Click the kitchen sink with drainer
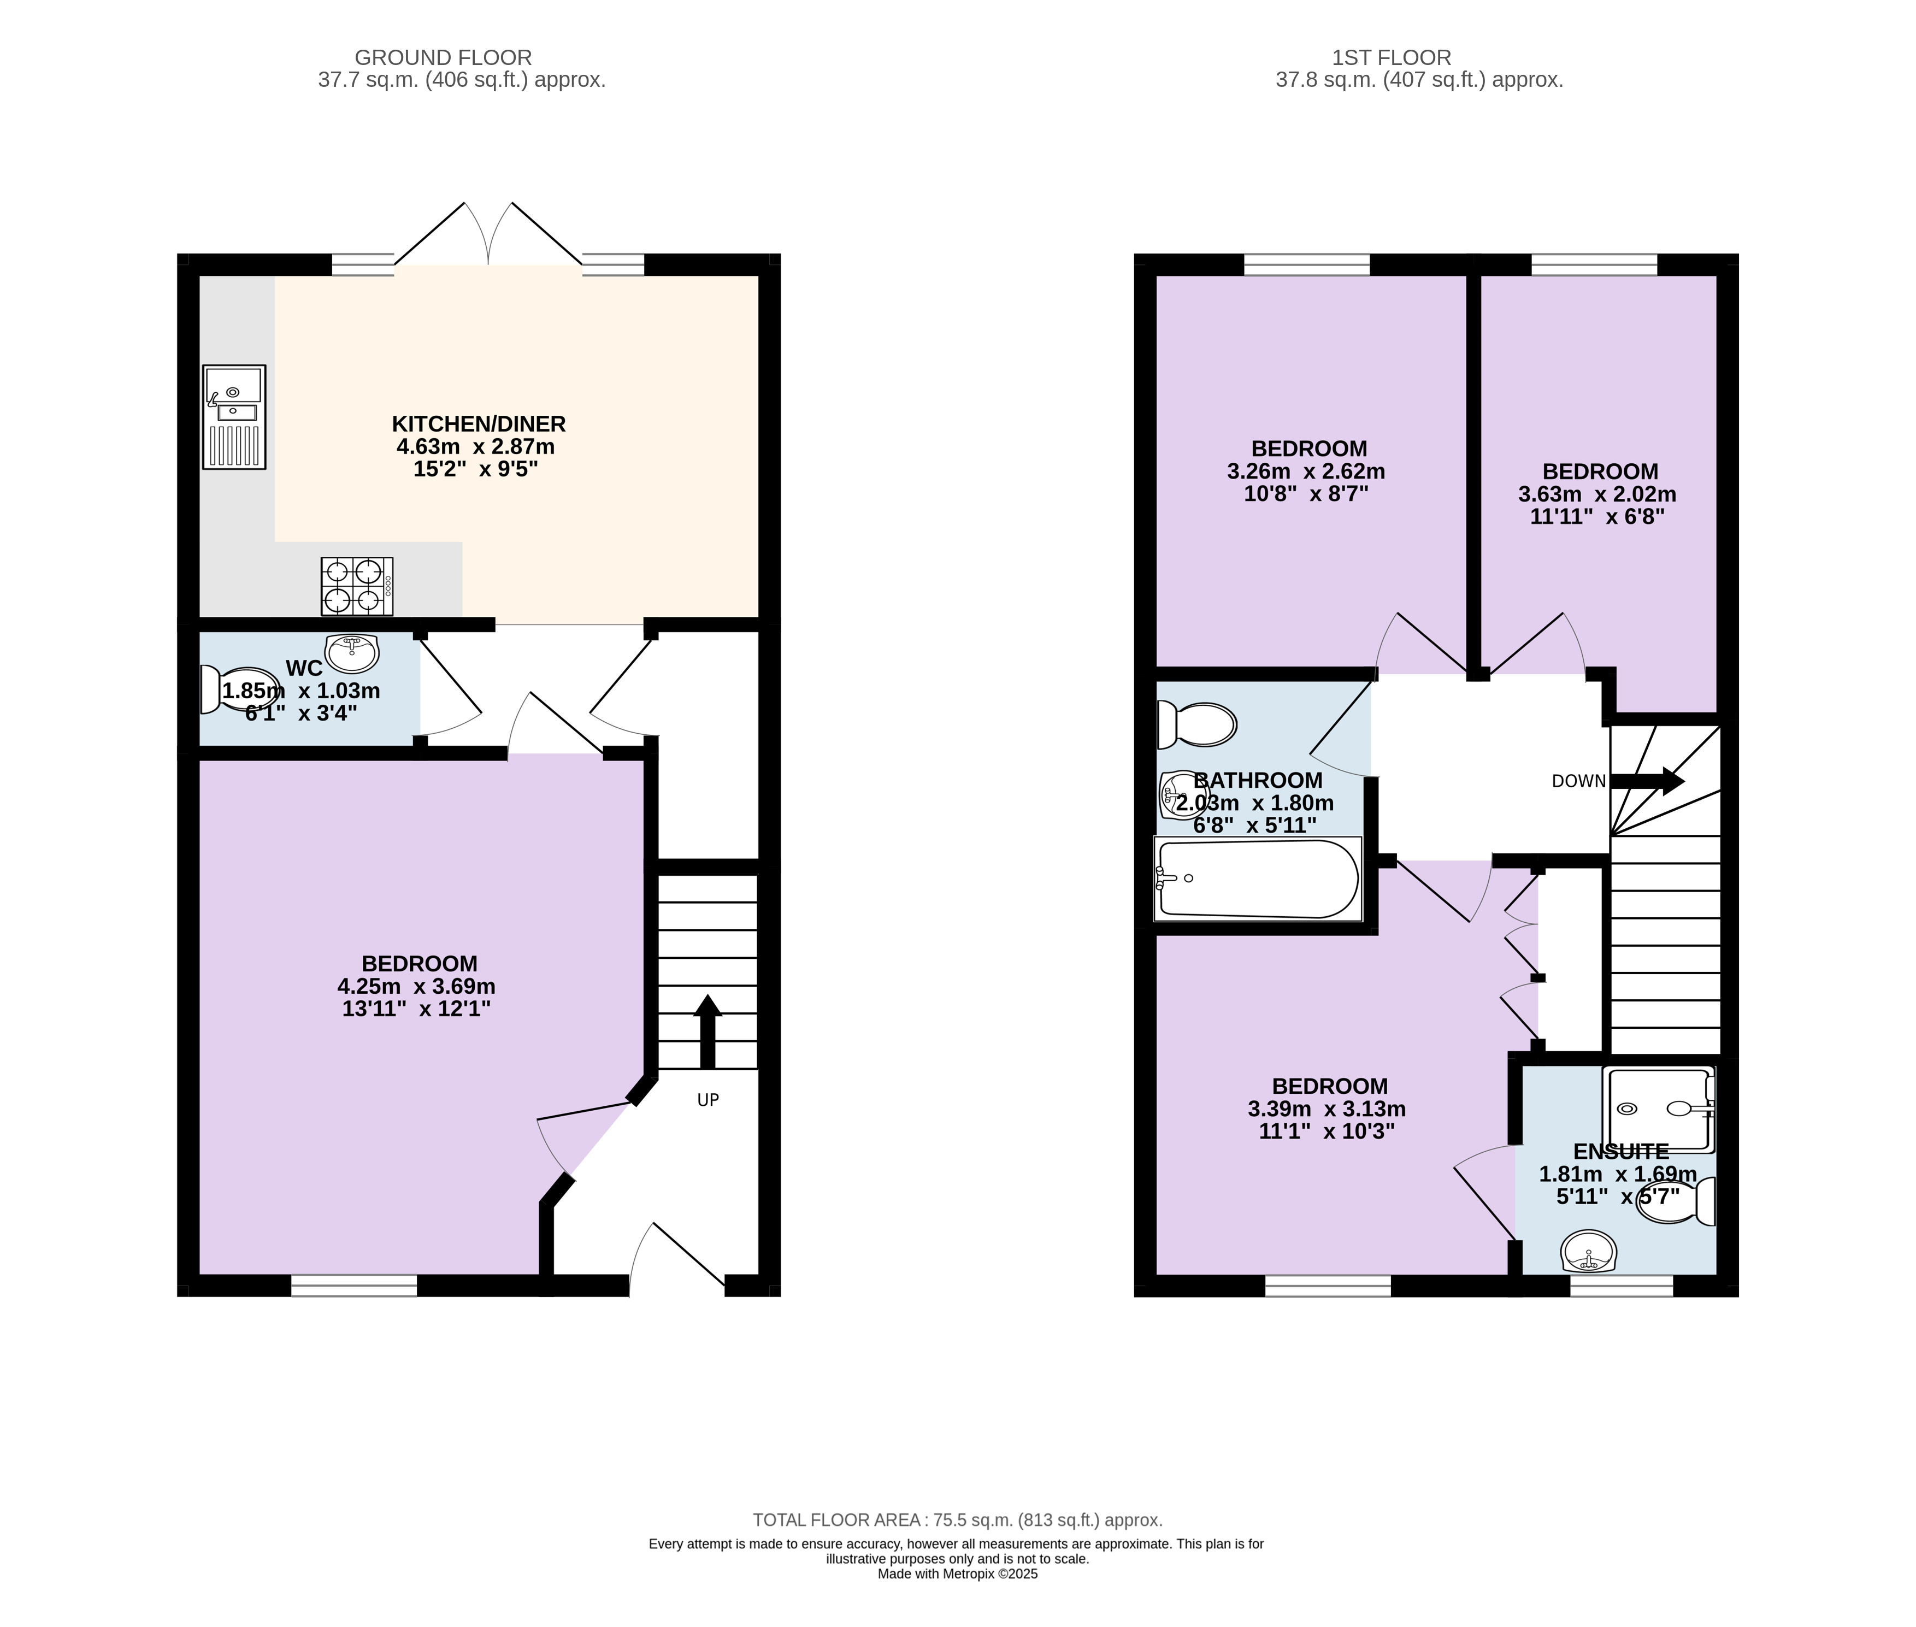point(234,417)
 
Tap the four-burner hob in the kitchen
point(357,587)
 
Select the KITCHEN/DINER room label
point(479,425)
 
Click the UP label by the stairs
point(708,1100)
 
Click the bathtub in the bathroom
point(1257,879)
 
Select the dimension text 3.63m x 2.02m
point(1597,494)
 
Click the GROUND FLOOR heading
point(444,58)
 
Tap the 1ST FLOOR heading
point(1392,58)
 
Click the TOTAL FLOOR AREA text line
point(958,1520)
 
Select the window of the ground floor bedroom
point(354,1286)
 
